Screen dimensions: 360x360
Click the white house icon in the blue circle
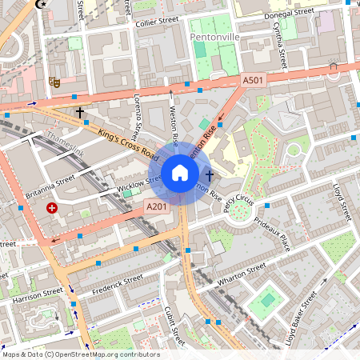point(180,173)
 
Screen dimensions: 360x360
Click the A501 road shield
point(253,81)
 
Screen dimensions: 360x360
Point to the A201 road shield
point(157,207)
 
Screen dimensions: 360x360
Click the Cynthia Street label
point(282,45)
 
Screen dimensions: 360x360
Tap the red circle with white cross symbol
point(52,208)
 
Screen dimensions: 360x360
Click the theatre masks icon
point(55,80)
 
